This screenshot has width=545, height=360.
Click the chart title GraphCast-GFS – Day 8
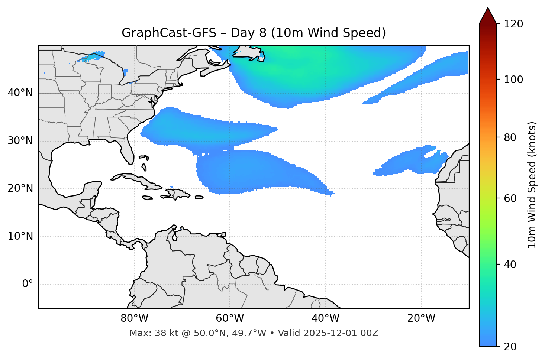click(x=254, y=33)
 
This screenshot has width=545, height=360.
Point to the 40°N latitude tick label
click(x=20, y=93)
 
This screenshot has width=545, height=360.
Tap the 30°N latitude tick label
click(x=20, y=141)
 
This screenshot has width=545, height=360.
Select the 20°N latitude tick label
click(x=20, y=188)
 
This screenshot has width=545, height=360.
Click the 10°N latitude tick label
click(x=20, y=236)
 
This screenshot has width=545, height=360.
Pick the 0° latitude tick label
click(x=28, y=284)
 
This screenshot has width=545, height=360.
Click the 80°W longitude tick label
click(x=134, y=318)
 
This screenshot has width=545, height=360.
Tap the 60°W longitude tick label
click(x=230, y=318)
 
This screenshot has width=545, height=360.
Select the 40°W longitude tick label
click(x=325, y=318)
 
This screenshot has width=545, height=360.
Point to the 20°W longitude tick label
click(x=421, y=318)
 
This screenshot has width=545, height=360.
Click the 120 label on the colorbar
click(x=513, y=24)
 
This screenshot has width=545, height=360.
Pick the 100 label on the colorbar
click(x=513, y=80)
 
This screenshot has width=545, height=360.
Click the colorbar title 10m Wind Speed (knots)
click(x=532, y=185)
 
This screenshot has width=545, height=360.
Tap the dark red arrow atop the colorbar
click(x=488, y=16)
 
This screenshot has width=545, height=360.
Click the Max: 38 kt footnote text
click(x=254, y=333)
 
